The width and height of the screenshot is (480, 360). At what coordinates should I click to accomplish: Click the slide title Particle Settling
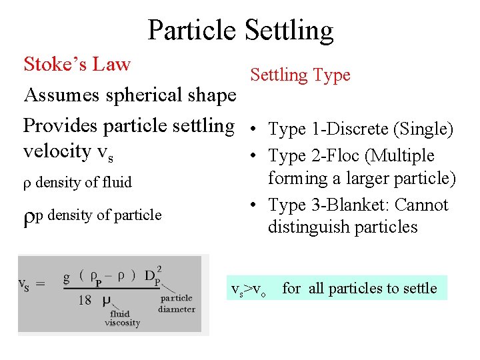tap(240, 30)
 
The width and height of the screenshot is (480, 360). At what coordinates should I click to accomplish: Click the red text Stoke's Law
tap(77, 65)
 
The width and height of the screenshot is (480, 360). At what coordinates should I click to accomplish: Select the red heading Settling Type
tap(300, 75)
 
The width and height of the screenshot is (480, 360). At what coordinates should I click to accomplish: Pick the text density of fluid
tap(83, 182)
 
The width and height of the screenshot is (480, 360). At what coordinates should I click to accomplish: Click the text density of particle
tap(103, 215)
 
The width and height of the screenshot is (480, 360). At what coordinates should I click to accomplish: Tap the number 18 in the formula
tap(85, 301)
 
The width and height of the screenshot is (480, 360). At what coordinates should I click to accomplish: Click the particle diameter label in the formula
tap(177, 303)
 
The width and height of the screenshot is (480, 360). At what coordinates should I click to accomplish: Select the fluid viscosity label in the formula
tap(122, 319)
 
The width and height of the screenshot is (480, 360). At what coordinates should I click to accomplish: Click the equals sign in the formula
tap(39, 284)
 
